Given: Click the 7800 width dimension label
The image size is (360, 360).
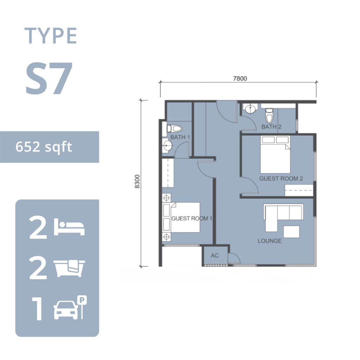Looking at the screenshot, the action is pyautogui.click(x=240, y=78).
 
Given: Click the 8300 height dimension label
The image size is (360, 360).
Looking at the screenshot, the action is pyautogui.click(x=137, y=181).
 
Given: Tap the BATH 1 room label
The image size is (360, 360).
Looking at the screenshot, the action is pyautogui.click(x=180, y=137).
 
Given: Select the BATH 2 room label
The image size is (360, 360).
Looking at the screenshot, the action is pyautogui.click(x=271, y=127).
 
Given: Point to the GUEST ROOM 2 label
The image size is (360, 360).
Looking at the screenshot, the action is pyautogui.click(x=281, y=178).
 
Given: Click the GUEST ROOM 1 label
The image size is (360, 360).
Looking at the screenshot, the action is pyautogui.click(x=192, y=218).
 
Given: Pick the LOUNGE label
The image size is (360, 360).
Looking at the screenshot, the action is pyautogui.click(x=270, y=241).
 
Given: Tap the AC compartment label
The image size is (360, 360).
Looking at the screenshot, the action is pyautogui.click(x=215, y=256).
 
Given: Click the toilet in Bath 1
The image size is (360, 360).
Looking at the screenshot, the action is pyautogui.click(x=174, y=129).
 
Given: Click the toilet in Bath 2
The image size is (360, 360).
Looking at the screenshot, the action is pyautogui.click(x=269, y=116).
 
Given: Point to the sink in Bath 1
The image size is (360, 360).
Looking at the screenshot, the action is pyautogui.click(x=168, y=145).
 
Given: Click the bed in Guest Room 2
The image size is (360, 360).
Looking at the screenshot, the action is pyautogui.click(x=275, y=155).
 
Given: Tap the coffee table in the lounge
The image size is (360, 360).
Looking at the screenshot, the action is pyautogui.click(x=291, y=232).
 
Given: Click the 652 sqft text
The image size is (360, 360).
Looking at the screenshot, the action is pyautogui.click(x=44, y=147).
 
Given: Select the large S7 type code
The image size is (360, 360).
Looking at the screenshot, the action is pyautogui.click(x=49, y=78).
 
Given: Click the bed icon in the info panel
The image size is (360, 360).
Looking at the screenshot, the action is pyautogui.click(x=69, y=227).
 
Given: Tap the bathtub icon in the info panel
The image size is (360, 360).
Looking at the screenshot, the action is pyautogui.click(x=69, y=268).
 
